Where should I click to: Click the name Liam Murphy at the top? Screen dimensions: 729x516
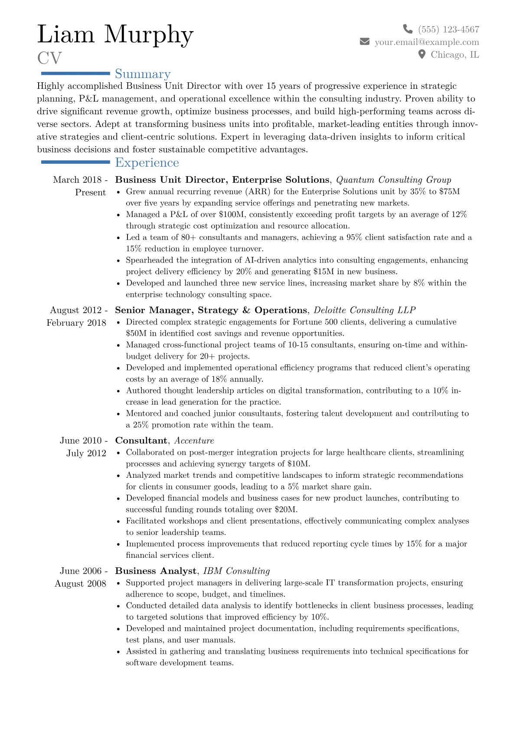pyautogui.click(x=115, y=35)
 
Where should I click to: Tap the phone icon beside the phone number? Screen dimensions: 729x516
pyautogui.click(x=408, y=29)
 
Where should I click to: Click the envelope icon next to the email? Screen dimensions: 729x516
pyautogui.click(x=365, y=42)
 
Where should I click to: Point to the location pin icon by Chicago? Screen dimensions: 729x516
pyautogui.click(x=421, y=55)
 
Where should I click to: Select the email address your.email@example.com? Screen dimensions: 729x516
pyautogui.click(x=427, y=42)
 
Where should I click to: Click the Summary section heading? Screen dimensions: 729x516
pyautogui.click(x=143, y=74)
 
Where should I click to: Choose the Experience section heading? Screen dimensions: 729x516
pyautogui.click(x=147, y=162)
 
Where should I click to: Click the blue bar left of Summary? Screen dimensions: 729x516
pyautogui.click(x=75, y=74)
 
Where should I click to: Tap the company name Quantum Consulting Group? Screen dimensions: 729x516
pyautogui.click(x=394, y=180)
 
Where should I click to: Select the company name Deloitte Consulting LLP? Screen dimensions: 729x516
pyautogui.click(x=364, y=310)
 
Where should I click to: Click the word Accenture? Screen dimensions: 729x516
pyautogui.click(x=194, y=441)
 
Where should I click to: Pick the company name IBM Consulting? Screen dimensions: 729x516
pyautogui.click(x=236, y=571)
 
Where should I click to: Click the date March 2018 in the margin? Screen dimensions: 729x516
pyautogui.click(x=78, y=180)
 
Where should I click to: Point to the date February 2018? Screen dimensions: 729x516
pyautogui.click(x=76, y=323)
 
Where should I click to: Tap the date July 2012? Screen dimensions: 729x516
pyautogui.click(x=86, y=453)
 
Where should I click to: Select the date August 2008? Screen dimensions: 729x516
pyautogui.click(x=80, y=583)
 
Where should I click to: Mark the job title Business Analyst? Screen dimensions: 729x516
pyautogui.click(x=156, y=571)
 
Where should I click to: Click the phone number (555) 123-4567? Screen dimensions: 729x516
pyautogui.click(x=449, y=29)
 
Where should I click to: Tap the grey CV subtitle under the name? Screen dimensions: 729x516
pyautogui.click(x=49, y=58)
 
